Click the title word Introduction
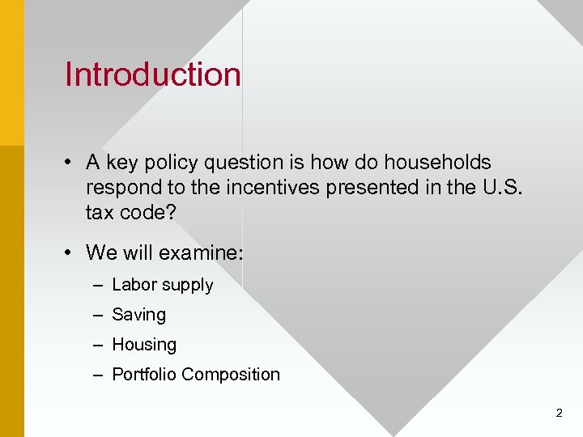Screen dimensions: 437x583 152,74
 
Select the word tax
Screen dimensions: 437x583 100,212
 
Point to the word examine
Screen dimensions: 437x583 201,252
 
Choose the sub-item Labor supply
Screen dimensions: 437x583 162,285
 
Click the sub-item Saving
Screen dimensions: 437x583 138,315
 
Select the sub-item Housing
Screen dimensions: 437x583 143,345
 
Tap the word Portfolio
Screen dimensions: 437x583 144,375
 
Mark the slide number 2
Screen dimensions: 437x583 559,413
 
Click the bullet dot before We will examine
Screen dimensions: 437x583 72,253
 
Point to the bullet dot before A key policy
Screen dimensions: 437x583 72,163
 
